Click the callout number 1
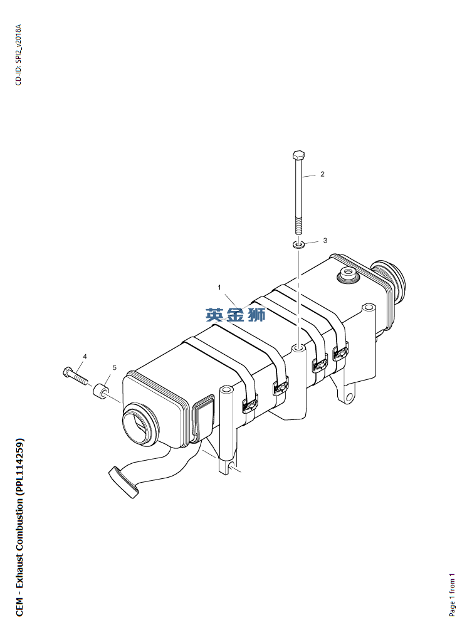[219, 287]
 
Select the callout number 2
[322, 174]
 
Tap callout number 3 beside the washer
[325, 240]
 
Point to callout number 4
[85, 356]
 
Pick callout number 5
[114, 367]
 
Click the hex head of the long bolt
[298, 155]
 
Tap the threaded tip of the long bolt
[299, 226]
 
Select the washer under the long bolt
[300, 243]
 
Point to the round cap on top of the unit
[346, 273]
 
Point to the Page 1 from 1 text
[453, 594]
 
